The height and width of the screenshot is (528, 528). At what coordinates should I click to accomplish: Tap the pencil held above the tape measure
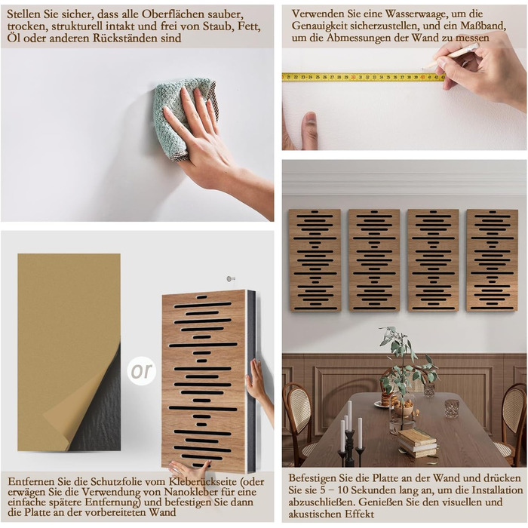(x=450, y=56)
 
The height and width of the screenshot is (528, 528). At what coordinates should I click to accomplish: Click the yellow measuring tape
(x=364, y=77)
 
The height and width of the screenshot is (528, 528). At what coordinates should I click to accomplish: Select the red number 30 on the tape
(x=353, y=78)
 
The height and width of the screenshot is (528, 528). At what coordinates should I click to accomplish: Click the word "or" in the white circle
(x=142, y=371)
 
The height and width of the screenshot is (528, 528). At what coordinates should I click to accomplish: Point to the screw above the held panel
(x=230, y=279)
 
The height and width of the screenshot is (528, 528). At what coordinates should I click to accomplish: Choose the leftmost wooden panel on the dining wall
(x=315, y=260)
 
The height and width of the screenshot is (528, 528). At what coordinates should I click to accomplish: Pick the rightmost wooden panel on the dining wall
(x=492, y=260)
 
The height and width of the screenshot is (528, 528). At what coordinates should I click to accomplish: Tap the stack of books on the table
(x=417, y=443)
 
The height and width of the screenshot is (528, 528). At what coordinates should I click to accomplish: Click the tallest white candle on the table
(x=349, y=416)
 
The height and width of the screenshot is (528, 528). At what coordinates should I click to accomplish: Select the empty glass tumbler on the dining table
(x=452, y=409)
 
